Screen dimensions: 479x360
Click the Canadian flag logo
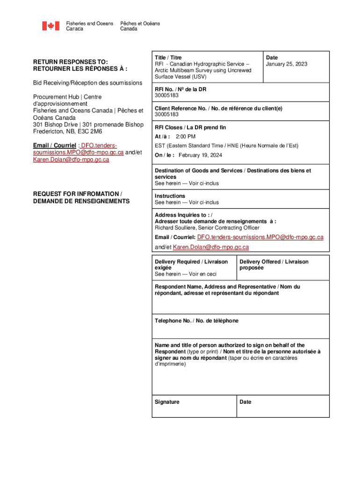pos(50,26)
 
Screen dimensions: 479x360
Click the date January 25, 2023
pos(286,64)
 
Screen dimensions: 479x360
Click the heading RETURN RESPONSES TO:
pos(70,61)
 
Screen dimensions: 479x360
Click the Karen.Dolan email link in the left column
pos(71,160)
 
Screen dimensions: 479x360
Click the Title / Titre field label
pos(168,58)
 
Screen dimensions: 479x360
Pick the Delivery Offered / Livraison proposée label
pos(274,261)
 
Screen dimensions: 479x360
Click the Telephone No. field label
pos(196,320)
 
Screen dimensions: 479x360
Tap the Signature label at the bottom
pos(167,402)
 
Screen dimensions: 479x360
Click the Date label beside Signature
pos(245,402)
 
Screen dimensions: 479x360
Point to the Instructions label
pos(170,196)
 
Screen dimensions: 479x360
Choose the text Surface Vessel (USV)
pos(180,77)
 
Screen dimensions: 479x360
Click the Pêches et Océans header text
pos(140,23)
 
